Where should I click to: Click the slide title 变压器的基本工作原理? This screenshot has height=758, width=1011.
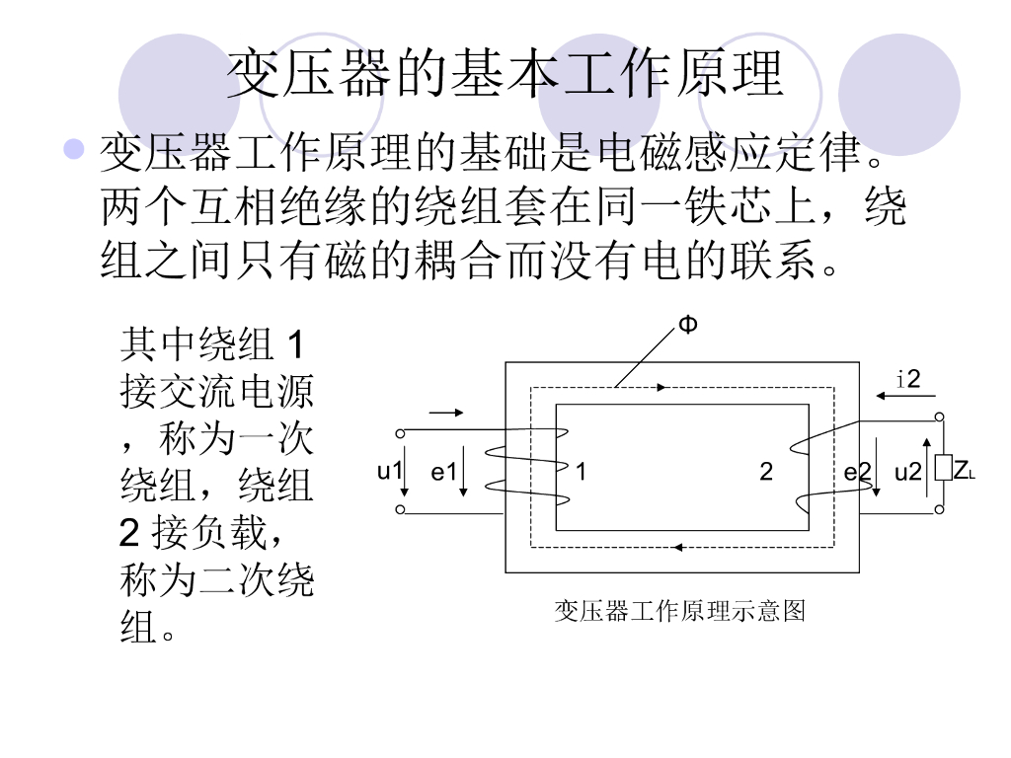[505, 74]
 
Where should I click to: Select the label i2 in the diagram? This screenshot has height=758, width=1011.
[909, 379]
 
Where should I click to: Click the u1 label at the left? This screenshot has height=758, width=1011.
[390, 471]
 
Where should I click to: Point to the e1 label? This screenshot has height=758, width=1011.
[443, 473]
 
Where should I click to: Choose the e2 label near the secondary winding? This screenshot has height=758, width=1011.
[857, 473]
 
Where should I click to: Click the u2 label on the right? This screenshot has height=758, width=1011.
[907, 473]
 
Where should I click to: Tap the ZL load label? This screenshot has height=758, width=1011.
[964, 471]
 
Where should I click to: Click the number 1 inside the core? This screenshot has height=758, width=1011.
[582, 473]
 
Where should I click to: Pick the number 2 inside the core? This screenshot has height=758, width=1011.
[766, 473]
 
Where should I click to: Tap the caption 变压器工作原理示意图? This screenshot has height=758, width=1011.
[680, 612]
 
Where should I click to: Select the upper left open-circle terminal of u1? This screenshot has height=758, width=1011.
[400, 433]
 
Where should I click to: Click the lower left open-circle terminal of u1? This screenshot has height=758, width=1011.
[400, 510]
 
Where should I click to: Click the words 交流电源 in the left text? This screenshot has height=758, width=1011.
[237, 392]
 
